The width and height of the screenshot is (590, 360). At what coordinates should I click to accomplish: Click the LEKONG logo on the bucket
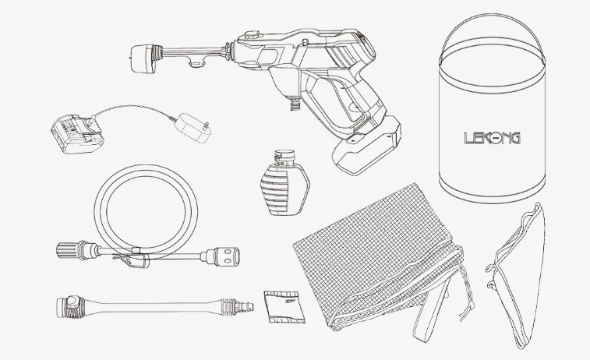pos(492,138)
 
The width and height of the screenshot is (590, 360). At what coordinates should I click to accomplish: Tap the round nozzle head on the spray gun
pos(143,58)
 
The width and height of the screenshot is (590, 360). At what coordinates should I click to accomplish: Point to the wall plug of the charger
pos(194,128)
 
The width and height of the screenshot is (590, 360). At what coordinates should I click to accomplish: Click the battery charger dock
pos(78,134)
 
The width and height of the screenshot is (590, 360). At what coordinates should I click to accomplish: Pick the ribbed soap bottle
pos(284,183)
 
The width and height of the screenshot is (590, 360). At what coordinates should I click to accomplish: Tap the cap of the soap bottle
pos(284,155)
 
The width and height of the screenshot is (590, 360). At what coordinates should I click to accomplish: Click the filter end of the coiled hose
pos(226,256)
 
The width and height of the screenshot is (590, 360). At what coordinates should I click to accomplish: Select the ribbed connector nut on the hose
pos(68,251)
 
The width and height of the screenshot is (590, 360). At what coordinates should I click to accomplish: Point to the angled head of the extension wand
pos(70,307)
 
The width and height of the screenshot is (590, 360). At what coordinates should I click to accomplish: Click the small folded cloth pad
pos(284,306)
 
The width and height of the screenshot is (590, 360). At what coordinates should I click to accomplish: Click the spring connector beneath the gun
pos(295,102)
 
